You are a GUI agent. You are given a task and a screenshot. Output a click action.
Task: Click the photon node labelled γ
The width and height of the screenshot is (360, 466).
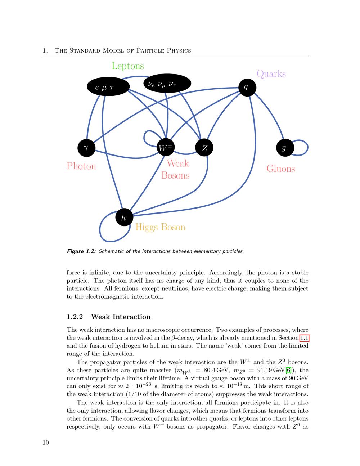[x=86, y=148]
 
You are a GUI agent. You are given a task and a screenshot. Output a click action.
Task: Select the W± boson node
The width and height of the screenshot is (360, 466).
[x=166, y=147]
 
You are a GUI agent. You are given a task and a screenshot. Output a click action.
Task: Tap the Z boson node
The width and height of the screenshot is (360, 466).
[x=204, y=148]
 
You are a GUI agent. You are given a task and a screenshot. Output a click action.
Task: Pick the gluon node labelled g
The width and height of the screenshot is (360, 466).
[x=285, y=148]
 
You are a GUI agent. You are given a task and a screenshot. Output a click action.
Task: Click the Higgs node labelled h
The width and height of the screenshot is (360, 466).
[x=124, y=217]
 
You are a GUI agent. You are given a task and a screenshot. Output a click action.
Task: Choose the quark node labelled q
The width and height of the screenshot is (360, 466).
[x=247, y=87]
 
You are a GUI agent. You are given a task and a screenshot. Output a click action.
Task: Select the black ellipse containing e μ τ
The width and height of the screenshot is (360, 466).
[x=108, y=87]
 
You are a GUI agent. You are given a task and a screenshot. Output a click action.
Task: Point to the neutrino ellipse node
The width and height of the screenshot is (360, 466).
[x=167, y=84]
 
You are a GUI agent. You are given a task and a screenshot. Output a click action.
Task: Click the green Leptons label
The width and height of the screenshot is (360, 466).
[x=127, y=66]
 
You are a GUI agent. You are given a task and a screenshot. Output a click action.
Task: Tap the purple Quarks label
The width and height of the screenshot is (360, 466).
[x=271, y=74]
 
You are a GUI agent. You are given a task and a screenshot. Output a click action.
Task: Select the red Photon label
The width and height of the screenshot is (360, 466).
[x=81, y=166]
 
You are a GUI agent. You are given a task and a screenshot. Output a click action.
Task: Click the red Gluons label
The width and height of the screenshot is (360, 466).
[x=280, y=169]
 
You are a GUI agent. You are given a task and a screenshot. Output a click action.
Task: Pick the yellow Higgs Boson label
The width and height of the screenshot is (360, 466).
[x=160, y=227]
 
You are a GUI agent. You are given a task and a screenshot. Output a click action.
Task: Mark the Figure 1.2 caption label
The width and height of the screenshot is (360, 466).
[x=81, y=251]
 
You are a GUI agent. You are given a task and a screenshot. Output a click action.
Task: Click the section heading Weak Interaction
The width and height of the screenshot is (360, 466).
[x=121, y=317]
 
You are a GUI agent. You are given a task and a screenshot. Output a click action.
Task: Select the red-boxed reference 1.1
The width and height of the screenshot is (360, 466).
[x=304, y=338]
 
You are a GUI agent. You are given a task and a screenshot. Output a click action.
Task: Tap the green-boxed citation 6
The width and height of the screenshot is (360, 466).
[x=288, y=370]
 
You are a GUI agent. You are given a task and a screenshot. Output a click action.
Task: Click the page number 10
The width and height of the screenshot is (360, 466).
[x=46, y=443]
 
